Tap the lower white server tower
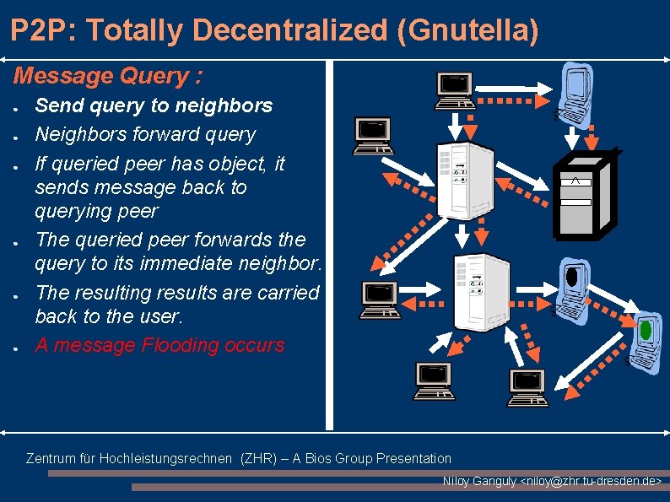(481, 291)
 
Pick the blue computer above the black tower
(576, 91)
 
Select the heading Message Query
(108, 76)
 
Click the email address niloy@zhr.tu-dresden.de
(593, 481)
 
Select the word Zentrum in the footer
(51, 458)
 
